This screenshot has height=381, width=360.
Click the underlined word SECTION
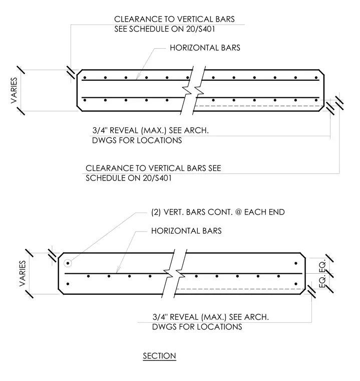click(159, 356)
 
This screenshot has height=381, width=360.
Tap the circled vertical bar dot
click(68, 263)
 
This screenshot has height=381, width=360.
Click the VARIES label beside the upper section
click(14, 90)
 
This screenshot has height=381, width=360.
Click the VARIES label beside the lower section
click(23, 273)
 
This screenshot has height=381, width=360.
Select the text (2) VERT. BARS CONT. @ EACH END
click(218, 212)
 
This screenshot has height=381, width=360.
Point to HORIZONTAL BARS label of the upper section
click(205, 48)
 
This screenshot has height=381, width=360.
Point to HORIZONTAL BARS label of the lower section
click(186, 231)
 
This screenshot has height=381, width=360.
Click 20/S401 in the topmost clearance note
click(200, 29)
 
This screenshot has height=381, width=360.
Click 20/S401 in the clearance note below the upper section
click(157, 178)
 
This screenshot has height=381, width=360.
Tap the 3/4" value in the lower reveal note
click(160, 317)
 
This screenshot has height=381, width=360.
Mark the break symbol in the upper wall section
click(193, 90)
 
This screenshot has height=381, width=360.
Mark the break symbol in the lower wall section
click(174, 273)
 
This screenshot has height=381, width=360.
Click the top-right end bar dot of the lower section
click(296, 263)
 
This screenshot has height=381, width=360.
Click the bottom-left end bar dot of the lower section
click(68, 284)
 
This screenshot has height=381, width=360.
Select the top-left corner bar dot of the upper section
click(85, 78)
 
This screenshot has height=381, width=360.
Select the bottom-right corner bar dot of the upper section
click(316, 100)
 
